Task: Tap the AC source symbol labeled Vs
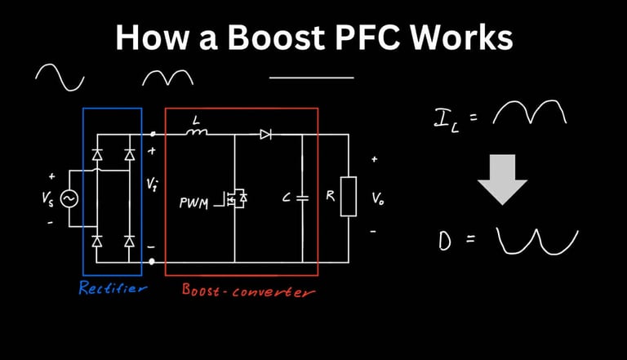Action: point(69,199)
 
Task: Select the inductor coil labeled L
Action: point(196,131)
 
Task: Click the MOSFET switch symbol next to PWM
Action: point(236,198)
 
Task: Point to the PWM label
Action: point(194,203)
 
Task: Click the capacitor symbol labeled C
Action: point(302,198)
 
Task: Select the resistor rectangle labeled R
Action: point(349,197)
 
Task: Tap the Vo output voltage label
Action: point(378,198)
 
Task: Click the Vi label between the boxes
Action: point(152,184)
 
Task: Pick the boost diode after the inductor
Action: point(265,135)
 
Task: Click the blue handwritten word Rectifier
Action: point(113,287)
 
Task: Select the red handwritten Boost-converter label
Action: point(248,291)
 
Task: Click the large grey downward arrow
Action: point(502,180)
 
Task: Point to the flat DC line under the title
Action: point(312,78)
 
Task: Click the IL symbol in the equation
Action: point(447,121)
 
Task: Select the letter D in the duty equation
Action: point(445,241)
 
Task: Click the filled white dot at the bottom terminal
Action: point(152,261)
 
